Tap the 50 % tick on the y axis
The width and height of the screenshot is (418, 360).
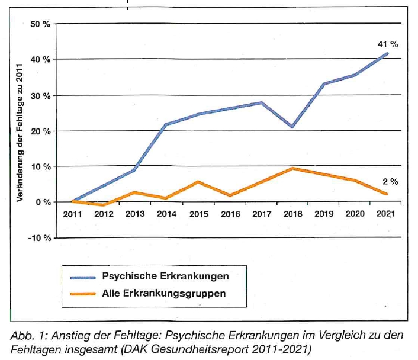pos(41,24)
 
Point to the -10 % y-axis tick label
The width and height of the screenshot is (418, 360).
pos(40,238)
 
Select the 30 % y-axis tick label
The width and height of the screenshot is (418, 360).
pos(41,95)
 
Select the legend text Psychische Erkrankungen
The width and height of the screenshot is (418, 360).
pos(165,276)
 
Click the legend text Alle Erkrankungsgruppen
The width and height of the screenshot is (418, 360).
pos(164,292)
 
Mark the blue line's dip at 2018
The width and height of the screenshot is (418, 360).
pos(292,127)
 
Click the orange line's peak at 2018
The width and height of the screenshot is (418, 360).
pos(292,168)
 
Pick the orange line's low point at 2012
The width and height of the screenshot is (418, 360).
pos(104,205)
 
